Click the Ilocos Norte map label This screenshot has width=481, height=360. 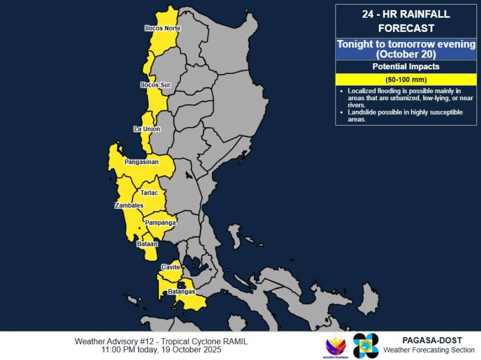click(x=162, y=28)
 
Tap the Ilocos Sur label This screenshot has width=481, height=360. click(x=155, y=85)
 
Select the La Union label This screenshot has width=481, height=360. click(x=147, y=129)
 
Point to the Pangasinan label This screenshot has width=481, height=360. click(x=142, y=162)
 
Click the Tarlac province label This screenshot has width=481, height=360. click(x=149, y=193)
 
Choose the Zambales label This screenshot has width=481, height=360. click(x=129, y=205)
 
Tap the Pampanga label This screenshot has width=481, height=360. click(x=161, y=223)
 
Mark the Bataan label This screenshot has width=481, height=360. click(x=147, y=244)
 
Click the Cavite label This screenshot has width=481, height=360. click(x=171, y=268)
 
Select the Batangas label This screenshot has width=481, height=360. click(x=181, y=292)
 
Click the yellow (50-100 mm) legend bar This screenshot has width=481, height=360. click(x=406, y=79)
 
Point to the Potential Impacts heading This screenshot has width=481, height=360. click(x=406, y=67)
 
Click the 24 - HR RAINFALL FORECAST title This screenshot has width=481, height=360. click(x=406, y=21)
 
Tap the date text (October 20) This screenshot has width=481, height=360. click(x=406, y=54)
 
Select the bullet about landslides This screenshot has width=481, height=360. click(x=405, y=116)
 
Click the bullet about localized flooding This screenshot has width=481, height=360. click(x=405, y=97)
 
